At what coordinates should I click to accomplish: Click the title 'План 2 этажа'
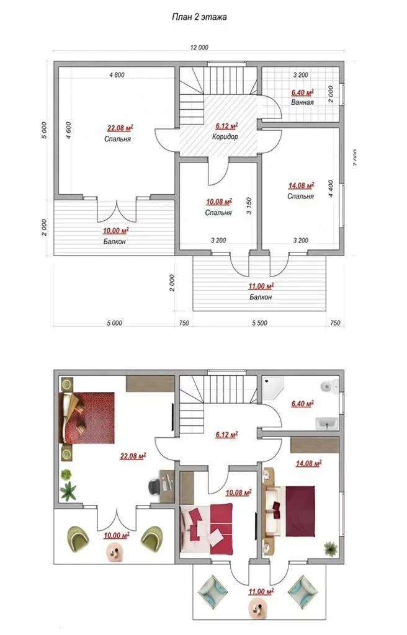tap(199, 17)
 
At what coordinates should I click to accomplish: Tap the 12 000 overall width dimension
tap(199, 47)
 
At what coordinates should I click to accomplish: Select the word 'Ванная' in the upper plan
tap(302, 102)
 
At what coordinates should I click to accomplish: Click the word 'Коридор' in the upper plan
tap(225, 136)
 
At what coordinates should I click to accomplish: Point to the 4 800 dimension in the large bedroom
tap(117, 75)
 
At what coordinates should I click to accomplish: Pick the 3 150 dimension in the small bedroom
tap(249, 205)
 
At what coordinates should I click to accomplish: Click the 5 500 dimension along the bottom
tap(259, 323)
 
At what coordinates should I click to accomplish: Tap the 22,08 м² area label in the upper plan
tap(120, 129)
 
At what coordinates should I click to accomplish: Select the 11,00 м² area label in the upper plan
tap(261, 286)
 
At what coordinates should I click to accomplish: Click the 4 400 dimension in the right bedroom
tap(331, 189)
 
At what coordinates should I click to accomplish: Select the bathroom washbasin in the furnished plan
tap(327, 423)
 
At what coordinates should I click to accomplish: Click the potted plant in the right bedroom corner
tap(331, 548)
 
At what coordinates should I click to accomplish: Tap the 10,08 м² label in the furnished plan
tap(238, 492)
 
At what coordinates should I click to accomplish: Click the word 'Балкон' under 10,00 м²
tap(114, 241)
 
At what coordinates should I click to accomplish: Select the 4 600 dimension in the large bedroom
tap(69, 130)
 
